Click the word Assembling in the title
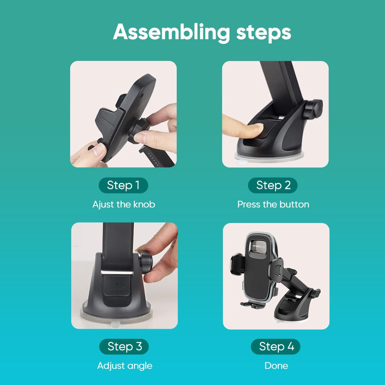171,32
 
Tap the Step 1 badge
123,185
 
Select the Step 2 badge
273,185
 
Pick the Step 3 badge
124,346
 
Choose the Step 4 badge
276,346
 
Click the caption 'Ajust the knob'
124,204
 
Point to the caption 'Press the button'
273,204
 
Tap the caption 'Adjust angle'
125,366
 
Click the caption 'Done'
276,366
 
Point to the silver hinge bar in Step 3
117,273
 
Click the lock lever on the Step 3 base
117,290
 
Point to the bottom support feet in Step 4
253,305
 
